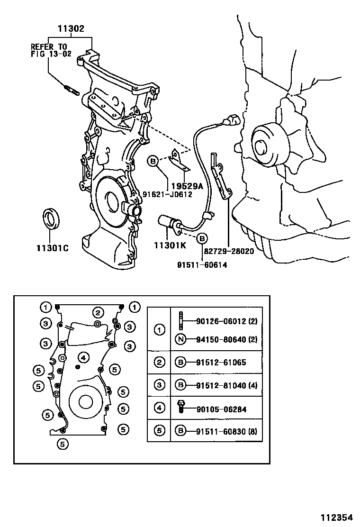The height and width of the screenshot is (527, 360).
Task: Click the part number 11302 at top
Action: coord(71,29)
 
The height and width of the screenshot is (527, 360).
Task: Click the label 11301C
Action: coord(52,247)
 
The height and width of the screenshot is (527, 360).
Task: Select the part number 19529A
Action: coord(187,186)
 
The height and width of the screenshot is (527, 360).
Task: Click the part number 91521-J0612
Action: coord(167,194)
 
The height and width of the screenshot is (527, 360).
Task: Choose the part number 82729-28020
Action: coord(229,251)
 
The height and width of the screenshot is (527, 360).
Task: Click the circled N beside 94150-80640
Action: coord(180,339)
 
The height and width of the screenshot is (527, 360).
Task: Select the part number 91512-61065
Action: coord(221,363)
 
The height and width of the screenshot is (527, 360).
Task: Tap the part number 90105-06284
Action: coord(221,409)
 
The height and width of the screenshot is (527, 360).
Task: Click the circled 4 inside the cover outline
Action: coord(83,357)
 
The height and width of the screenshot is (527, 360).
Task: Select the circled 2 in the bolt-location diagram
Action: coord(98,312)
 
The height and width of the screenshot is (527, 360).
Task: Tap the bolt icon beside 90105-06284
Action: coord(180,407)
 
